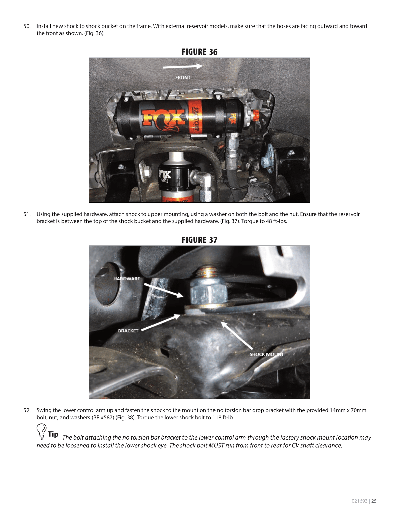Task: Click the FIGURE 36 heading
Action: pyautogui.click(x=199, y=52)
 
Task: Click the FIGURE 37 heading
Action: pyautogui.click(x=199, y=240)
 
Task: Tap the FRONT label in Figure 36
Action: pyautogui.click(x=183, y=78)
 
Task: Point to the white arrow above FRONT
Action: pyautogui.click(x=183, y=67)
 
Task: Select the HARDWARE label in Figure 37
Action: pyautogui.click(x=127, y=279)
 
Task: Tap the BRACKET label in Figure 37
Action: pyautogui.click(x=128, y=331)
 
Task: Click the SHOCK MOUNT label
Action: pyautogui.click(x=266, y=354)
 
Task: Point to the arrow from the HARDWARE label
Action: pyautogui.click(x=164, y=290)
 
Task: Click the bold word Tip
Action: pyautogui.click(x=53, y=434)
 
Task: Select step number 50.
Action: pyautogui.click(x=27, y=26)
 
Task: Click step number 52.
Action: pyautogui.click(x=27, y=410)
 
